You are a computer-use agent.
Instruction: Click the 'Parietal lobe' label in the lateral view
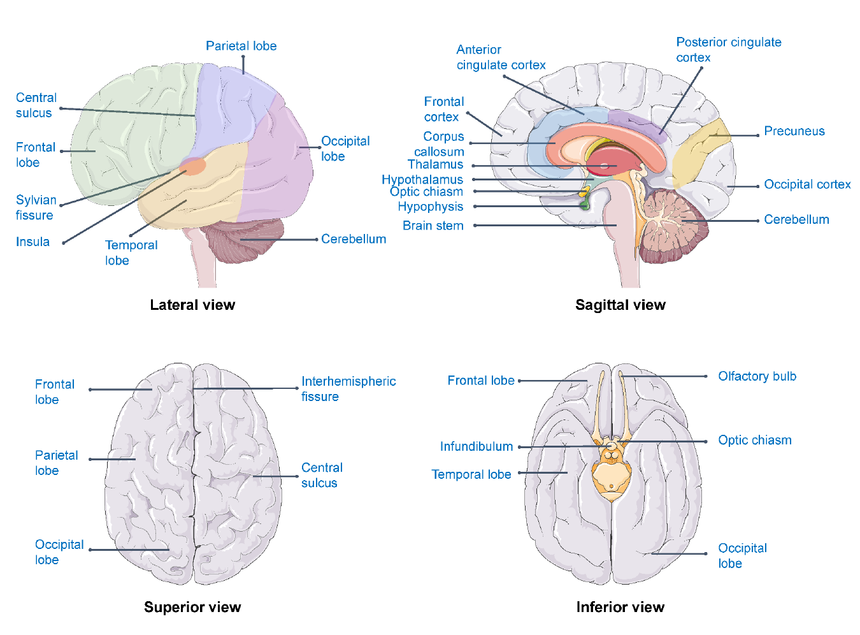[x=241, y=46]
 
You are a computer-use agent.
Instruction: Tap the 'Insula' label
[x=32, y=242]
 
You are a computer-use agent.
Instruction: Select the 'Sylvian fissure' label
[x=36, y=208]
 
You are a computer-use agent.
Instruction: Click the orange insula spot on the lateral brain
[x=193, y=167]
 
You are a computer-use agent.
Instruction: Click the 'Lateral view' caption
[x=192, y=305]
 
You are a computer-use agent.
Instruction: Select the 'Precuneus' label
[x=794, y=131]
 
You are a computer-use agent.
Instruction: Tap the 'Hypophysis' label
[x=430, y=207]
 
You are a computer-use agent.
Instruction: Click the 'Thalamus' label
[x=435, y=164]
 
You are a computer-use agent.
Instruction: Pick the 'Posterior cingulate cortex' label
[x=728, y=50]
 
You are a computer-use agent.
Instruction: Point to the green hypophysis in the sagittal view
[x=584, y=205]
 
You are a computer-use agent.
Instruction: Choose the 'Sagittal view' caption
[x=620, y=305]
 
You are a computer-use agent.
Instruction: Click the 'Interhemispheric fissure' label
[x=348, y=389]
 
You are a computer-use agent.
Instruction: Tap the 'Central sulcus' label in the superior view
[x=321, y=475]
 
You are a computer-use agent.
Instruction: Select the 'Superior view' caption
[x=192, y=607]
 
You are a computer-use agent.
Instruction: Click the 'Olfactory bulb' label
[x=757, y=376]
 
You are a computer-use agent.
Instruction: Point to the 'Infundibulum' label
[x=476, y=446]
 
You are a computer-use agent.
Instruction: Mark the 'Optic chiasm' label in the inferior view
[x=754, y=440]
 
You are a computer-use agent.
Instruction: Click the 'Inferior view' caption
[x=620, y=607]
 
